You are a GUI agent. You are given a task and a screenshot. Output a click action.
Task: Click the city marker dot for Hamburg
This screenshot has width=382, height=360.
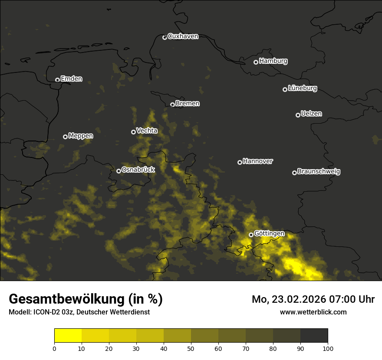click(256, 62)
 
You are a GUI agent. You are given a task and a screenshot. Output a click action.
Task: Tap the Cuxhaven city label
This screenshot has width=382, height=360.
click(183, 36)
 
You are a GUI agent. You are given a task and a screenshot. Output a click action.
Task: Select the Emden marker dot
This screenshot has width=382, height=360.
click(57, 80)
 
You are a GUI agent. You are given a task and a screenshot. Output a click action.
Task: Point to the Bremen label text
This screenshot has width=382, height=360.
click(188, 104)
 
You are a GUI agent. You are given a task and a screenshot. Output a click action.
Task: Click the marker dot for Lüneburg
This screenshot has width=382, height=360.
click(285, 89)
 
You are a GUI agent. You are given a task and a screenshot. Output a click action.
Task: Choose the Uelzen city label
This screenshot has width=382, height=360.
click(311, 114)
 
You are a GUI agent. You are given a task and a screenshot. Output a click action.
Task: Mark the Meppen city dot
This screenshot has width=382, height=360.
click(65, 137)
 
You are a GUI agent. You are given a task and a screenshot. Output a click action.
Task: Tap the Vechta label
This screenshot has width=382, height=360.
click(147, 131)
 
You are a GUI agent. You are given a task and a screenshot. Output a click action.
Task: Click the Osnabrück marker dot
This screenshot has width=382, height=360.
click(119, 171)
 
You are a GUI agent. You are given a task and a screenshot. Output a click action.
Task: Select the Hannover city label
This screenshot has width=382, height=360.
click(258, 161)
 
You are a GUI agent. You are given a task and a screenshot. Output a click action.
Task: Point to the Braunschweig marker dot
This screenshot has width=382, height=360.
click(294, 173)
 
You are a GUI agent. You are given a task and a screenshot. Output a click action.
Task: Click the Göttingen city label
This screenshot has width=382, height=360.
click(269, 233)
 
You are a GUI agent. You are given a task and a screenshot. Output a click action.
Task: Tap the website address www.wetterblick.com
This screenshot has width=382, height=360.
click(313, 312)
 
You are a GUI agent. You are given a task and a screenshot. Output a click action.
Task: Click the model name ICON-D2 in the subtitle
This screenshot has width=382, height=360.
click(45, 312)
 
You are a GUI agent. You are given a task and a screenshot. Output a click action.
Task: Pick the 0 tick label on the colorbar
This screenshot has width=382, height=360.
click(54, 348)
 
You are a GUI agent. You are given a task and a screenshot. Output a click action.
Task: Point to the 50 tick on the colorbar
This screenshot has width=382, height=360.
click(191, 348)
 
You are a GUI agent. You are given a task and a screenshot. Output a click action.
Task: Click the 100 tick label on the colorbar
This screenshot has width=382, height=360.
click(328, 348)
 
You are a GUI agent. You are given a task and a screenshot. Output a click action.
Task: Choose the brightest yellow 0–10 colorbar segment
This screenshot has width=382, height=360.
click(68, 336)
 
